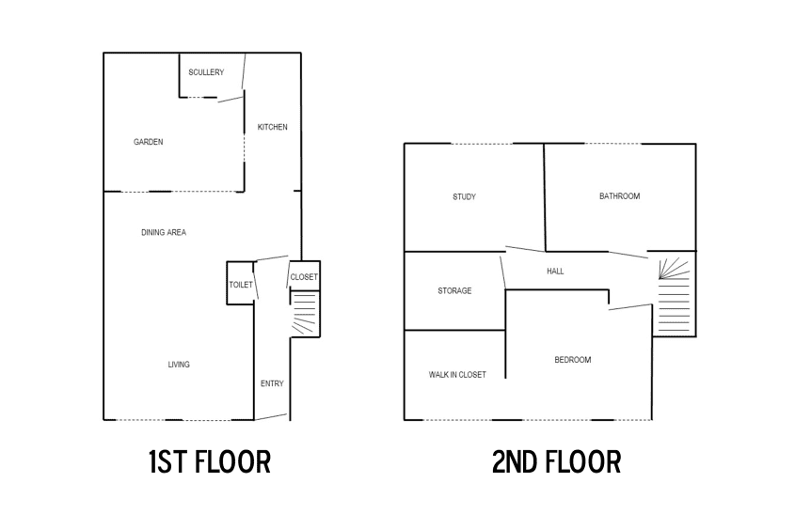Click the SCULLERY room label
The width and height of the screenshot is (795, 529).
206,72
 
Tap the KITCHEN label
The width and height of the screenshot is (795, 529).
272,127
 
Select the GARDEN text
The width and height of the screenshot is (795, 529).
148,142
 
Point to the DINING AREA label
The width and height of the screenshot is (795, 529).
164,232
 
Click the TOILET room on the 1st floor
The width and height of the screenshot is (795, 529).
240,283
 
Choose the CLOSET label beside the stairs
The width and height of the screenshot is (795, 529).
304,277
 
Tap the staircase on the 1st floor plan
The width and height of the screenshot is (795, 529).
305,313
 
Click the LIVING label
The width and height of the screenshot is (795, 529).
179,365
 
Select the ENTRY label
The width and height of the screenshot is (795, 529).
272,383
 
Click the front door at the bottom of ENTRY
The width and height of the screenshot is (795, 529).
271,416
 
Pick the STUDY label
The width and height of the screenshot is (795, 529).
464,197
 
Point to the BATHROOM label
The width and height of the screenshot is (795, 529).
619,195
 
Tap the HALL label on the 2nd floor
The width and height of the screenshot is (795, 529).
555,272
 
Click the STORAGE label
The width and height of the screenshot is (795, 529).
454,290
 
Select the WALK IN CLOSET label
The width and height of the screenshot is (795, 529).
457,375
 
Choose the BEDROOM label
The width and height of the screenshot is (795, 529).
572,360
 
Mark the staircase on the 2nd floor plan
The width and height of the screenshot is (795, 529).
675,295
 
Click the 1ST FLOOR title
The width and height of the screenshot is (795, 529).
210,461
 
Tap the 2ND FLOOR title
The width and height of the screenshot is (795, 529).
556,461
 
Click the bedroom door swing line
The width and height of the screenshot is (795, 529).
630,306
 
